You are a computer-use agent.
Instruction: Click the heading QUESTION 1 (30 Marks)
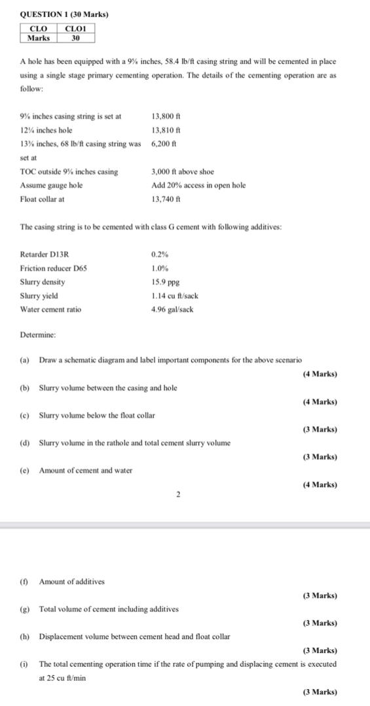55,14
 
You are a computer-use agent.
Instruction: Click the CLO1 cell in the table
76,28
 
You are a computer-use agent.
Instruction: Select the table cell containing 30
76,37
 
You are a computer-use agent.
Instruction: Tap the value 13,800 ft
166,116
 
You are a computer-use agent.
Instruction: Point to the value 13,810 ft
166,129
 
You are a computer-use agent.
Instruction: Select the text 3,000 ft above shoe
182,172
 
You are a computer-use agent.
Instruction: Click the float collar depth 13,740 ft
166,199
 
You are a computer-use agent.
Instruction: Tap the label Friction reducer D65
54,268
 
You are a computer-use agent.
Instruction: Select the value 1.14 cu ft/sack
174,295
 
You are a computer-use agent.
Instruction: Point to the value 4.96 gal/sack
172,309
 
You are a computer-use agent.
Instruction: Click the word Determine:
38,334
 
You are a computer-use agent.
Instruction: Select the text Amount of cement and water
86,470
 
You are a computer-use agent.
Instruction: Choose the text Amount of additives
71,581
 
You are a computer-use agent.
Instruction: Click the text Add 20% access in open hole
198,185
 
